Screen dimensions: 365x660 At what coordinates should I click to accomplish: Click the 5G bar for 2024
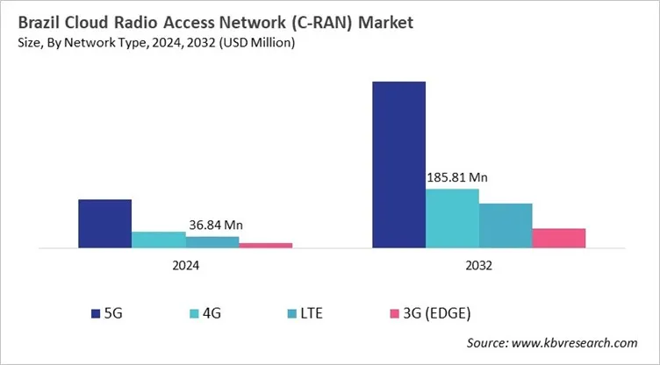click(x=104, y=224)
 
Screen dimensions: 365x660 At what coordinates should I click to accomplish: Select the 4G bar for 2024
click(x=159, y=240)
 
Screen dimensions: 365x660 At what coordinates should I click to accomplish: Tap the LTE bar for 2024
click(x=212, y=242)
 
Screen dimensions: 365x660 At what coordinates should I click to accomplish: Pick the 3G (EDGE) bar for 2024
click(x=265, y=245)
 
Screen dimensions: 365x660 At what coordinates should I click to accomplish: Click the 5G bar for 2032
click(x=398, y=164)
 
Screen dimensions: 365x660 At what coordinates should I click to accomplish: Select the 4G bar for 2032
click(x=452, y=218)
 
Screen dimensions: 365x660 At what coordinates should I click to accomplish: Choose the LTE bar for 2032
click(x=506, y=225)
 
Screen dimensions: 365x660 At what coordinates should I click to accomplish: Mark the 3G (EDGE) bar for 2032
click(x=558, y=238)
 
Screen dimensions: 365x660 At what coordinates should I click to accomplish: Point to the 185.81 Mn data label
click(x=456, y=177)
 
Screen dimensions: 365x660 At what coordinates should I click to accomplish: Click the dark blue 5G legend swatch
click(x=95, y=312)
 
